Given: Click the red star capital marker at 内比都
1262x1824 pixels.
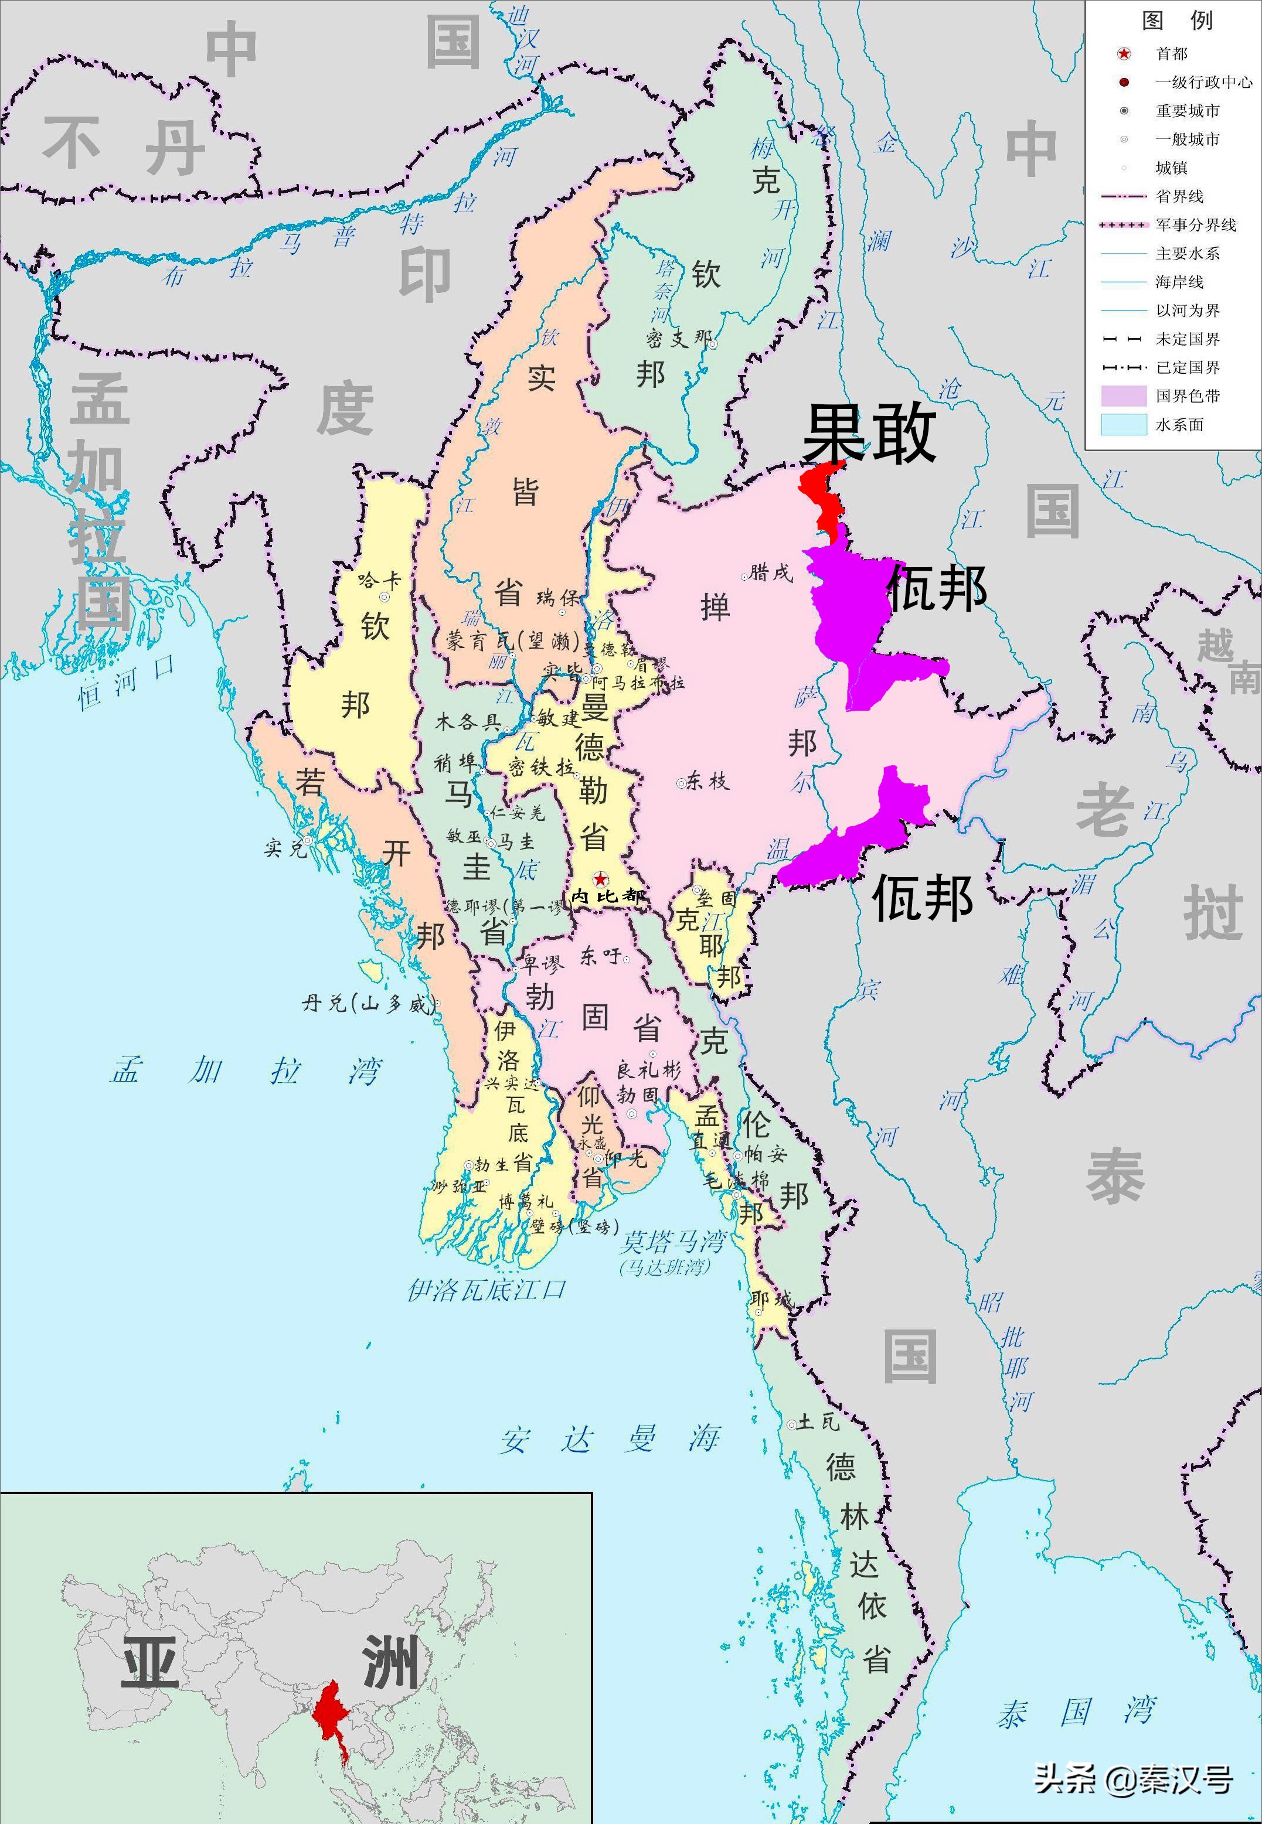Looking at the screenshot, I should pyautogui.click(x=600, y=879).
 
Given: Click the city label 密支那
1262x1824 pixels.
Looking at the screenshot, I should pyautogui.click(x=678, y=339).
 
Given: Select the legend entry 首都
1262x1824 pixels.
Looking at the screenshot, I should pyautogui.click(x=1171, y=54).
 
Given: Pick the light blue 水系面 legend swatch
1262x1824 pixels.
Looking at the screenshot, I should pyautogui.click(x=1123, y=424).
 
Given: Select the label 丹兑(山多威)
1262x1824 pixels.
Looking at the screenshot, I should pyautogui.click(x=368, y=1004).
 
